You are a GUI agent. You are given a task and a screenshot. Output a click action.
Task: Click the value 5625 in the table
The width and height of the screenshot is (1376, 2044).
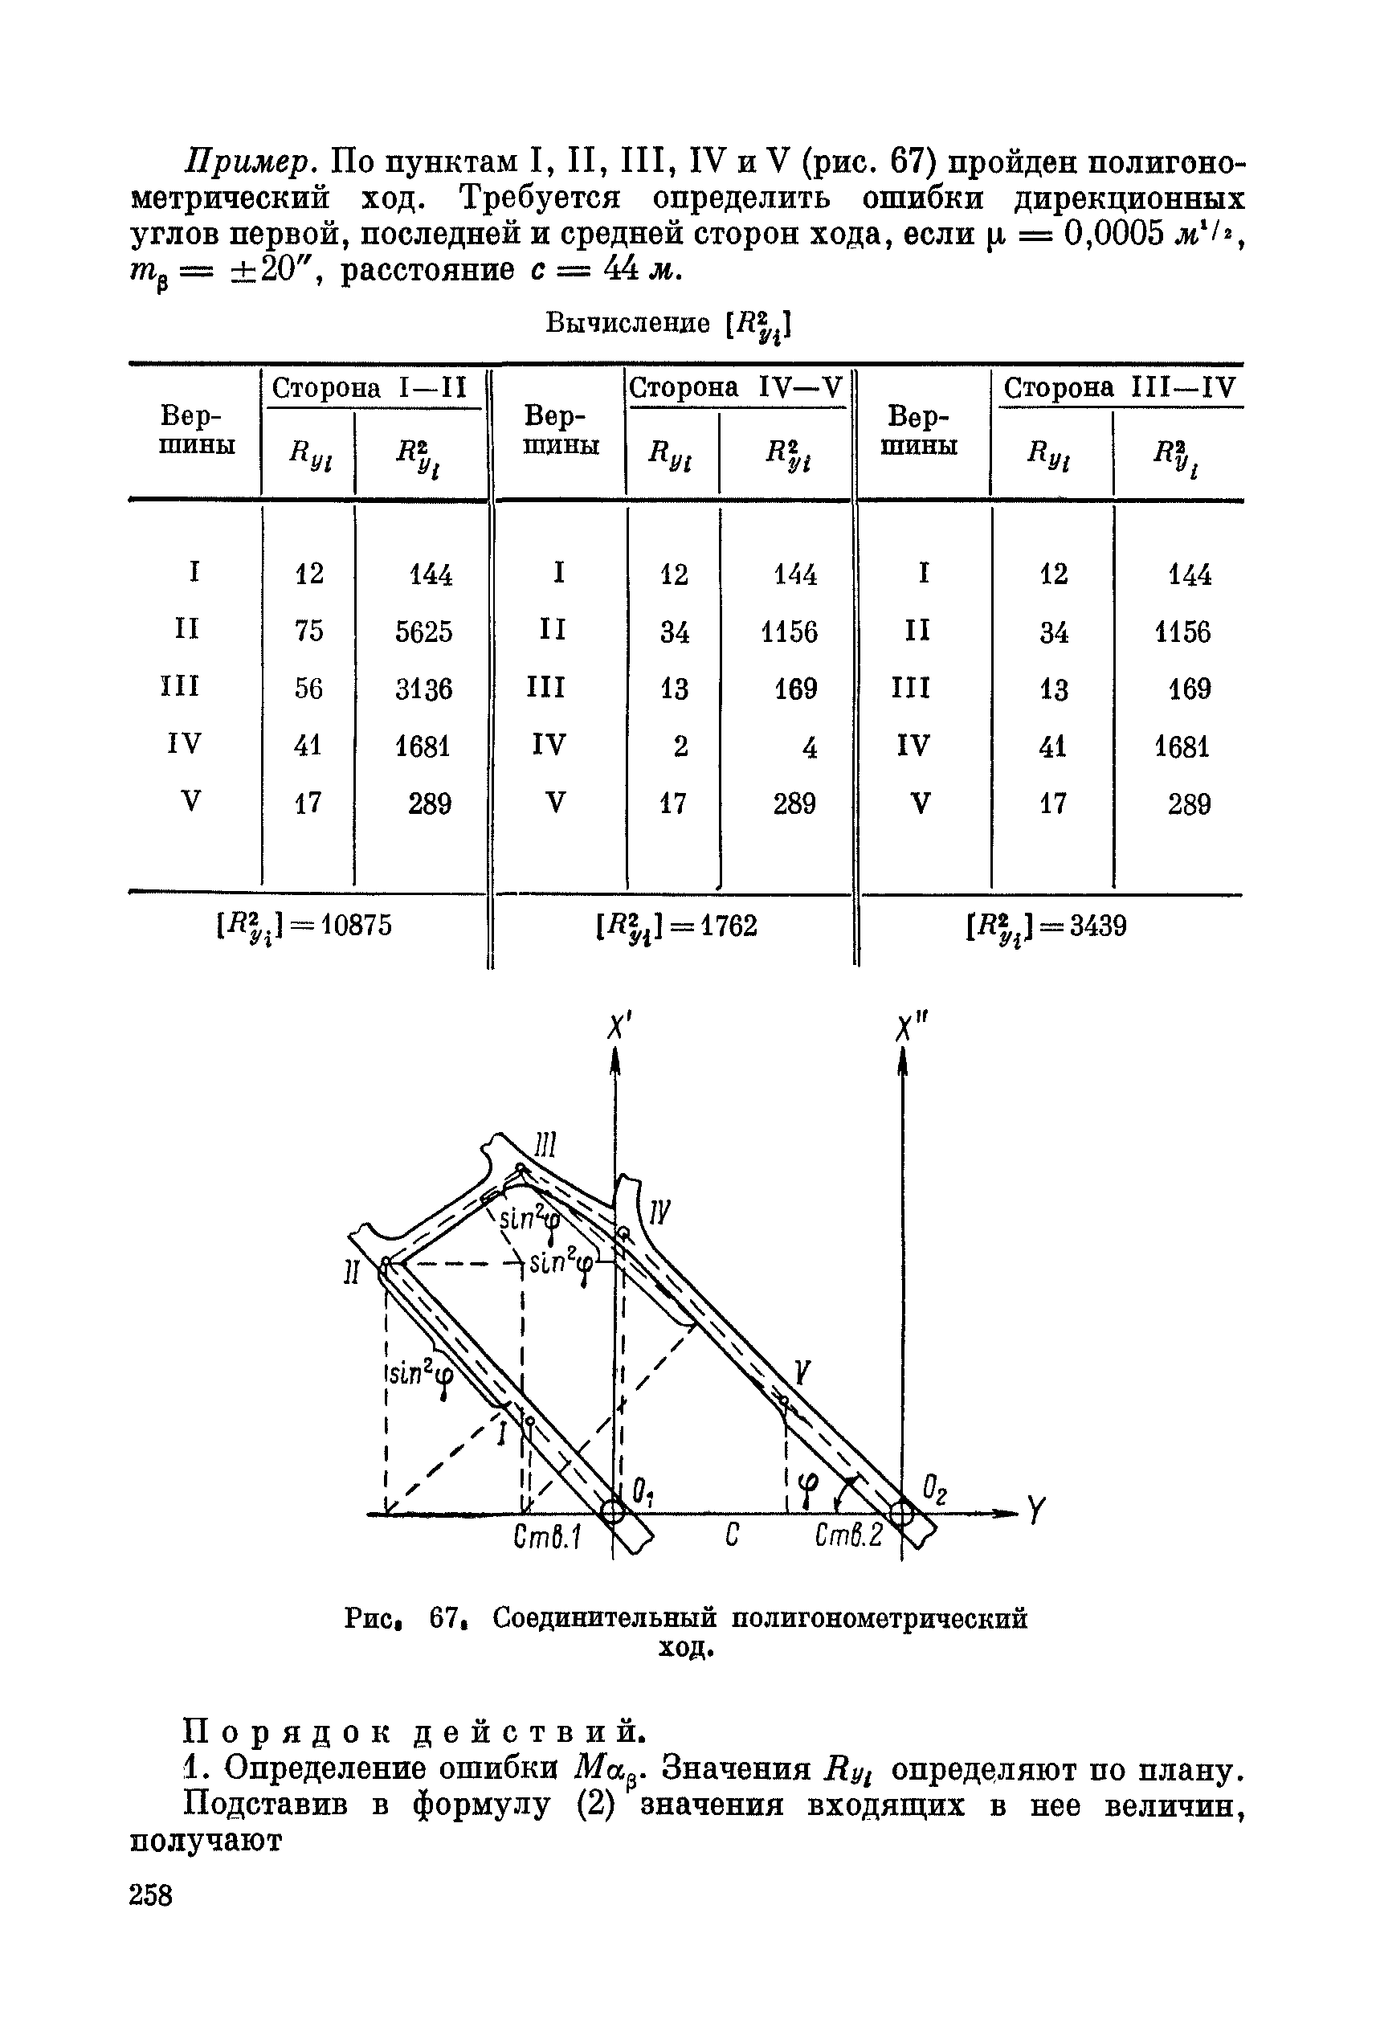click(424, 632)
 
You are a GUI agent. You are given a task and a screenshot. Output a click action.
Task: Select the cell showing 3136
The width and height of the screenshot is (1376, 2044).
click(424, 689)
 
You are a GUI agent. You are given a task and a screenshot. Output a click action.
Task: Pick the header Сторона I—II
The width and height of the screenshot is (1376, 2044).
click(370, 388)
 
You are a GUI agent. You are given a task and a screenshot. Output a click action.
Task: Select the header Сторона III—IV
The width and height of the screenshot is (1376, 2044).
click(1119, 388)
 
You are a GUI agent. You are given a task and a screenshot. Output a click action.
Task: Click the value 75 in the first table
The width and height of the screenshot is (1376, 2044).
click(309, 631)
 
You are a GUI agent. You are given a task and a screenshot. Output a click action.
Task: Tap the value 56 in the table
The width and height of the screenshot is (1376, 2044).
click(309, 689)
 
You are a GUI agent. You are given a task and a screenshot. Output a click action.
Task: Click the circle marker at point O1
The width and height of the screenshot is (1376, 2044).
click(614, 1511)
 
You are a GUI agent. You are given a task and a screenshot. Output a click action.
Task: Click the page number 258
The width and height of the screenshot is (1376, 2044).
click(151, 1895)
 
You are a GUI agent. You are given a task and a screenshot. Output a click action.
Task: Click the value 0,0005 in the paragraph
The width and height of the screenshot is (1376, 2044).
click(1113, 235)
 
